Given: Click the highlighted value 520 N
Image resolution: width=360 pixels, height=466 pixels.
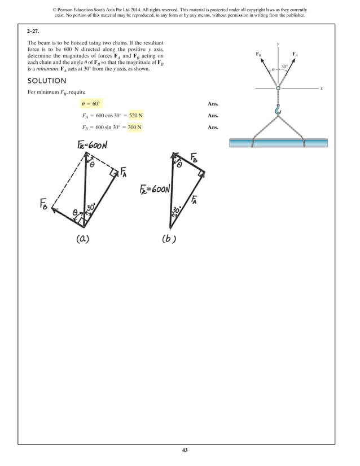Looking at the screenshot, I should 135,116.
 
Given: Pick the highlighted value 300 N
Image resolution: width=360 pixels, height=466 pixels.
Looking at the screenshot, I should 135,128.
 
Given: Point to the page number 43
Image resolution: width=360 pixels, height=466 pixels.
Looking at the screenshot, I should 185,450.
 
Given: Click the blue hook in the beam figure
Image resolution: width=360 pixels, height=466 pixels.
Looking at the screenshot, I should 278,109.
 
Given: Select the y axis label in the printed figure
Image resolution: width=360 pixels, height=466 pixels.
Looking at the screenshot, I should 278,43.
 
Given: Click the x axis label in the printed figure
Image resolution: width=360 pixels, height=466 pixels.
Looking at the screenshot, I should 321,89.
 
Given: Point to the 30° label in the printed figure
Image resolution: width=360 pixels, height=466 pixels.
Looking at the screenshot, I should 284,67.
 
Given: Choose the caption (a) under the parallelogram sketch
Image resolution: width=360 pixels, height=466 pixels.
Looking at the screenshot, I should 82,239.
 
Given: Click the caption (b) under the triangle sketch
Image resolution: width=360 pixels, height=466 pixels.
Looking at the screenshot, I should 169,239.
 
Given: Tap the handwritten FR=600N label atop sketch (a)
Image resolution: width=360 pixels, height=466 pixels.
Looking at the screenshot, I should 93,146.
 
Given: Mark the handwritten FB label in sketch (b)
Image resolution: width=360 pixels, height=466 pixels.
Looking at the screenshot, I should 195,157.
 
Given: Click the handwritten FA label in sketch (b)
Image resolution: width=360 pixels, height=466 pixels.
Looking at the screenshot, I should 194,199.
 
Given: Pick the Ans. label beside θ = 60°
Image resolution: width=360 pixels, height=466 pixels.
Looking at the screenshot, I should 213,104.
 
